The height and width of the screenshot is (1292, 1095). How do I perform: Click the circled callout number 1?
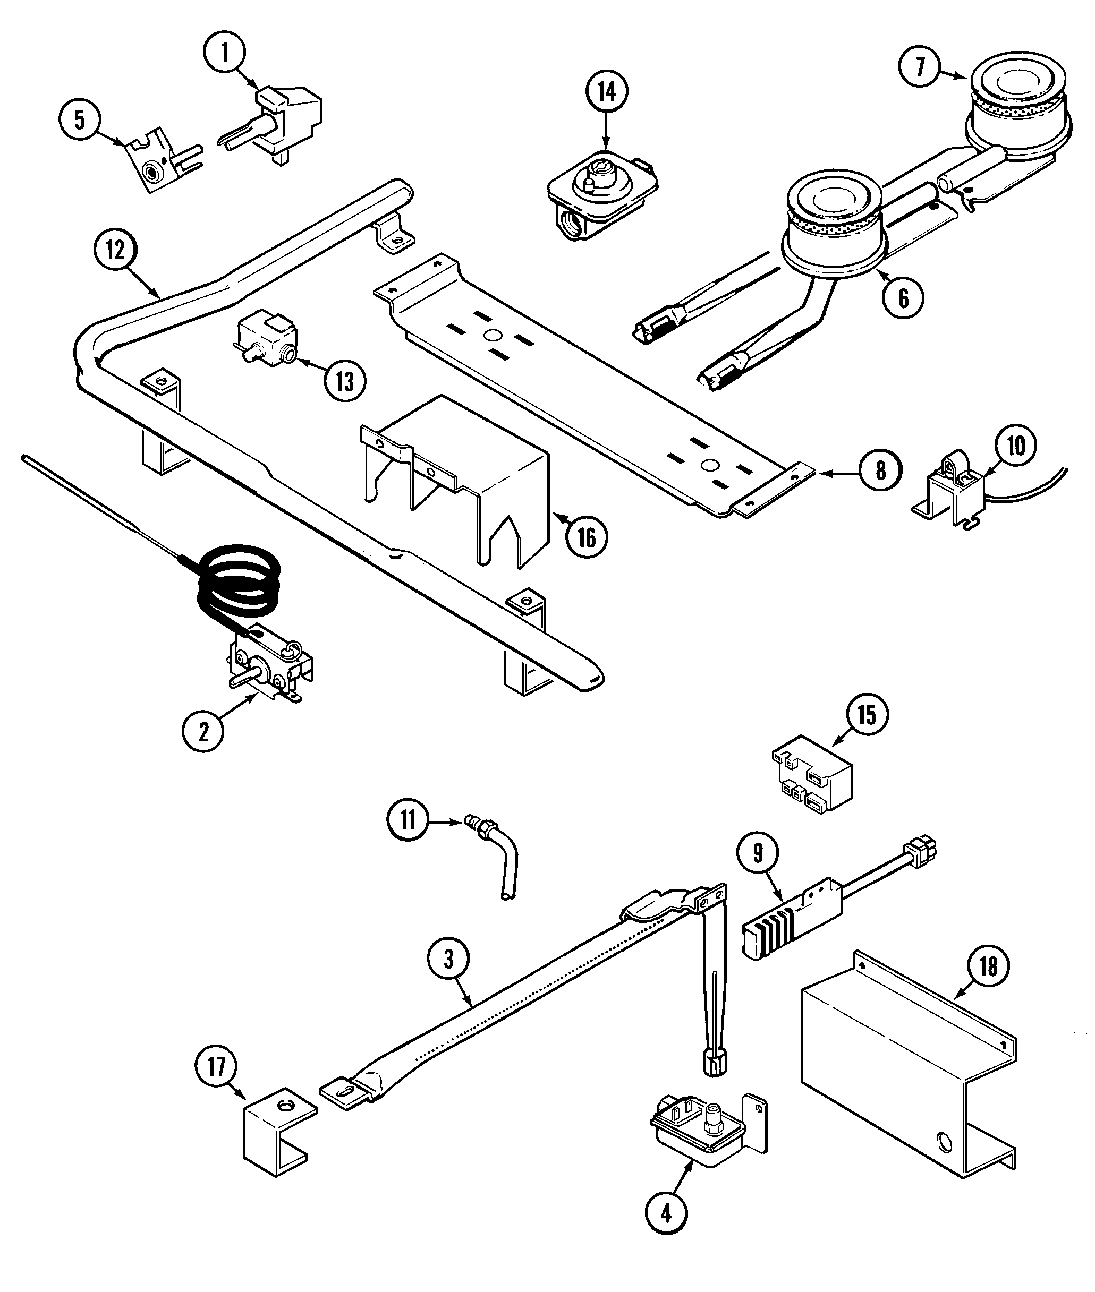click(225, 53)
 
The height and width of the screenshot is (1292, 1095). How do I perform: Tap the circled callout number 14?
click(606, 92)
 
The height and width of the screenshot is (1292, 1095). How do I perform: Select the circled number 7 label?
click(920, 66)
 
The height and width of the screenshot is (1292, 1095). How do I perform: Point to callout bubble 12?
click(115, 250)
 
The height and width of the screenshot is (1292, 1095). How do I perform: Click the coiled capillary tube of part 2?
click(239, 580)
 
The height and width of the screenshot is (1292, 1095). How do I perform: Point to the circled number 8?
click(880, 471)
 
